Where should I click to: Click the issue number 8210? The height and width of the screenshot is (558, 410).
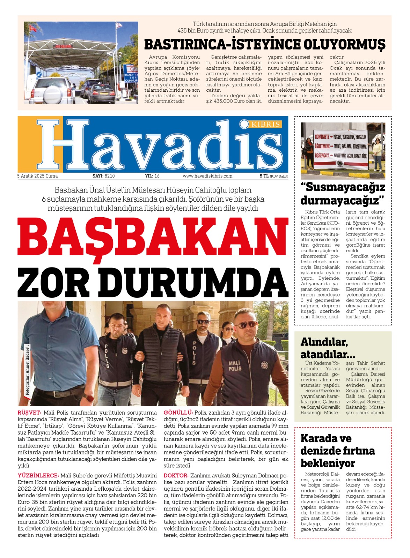point(110,176)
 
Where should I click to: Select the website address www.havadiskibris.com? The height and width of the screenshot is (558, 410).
point(207,176)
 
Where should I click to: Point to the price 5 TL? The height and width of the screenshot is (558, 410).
point(264,176)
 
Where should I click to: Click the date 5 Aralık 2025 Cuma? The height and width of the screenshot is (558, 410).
point(38,176)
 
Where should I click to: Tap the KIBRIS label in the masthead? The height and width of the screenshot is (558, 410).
point(265,124)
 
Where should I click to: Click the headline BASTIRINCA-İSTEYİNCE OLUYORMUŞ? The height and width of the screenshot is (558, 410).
point(265,45)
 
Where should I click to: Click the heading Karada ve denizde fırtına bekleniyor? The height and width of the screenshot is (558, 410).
point(337,451)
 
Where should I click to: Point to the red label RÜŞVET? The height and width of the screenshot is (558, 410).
point(29,413)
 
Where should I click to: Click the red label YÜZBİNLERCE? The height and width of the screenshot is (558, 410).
point(38,475)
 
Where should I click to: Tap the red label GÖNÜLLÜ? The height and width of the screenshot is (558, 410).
point(178,413)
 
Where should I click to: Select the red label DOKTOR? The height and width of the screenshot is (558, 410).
point(176,475)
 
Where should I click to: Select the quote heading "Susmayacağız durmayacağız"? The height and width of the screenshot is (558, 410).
point(343,194)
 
